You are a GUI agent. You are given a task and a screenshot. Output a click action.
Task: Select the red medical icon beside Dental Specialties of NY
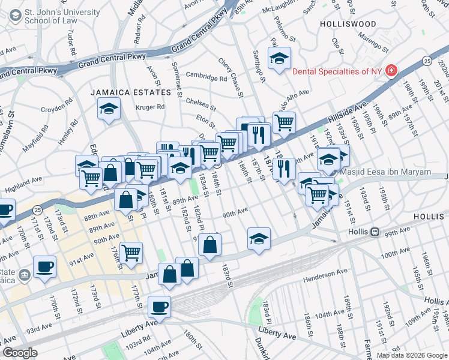[x=391, y=71]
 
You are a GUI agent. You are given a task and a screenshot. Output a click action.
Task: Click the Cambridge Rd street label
[x=206, y=77]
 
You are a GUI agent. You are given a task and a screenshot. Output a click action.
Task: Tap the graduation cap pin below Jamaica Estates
[x=109, y=109]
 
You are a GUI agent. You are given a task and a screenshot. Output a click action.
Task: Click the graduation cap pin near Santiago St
[x=279, y=58]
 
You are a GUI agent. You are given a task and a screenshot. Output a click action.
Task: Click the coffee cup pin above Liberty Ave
[x=160, y=307]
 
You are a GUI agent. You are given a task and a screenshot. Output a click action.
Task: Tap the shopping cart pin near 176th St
[x=131, y=253]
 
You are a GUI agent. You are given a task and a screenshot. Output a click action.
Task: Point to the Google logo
[x=20, y=353]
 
